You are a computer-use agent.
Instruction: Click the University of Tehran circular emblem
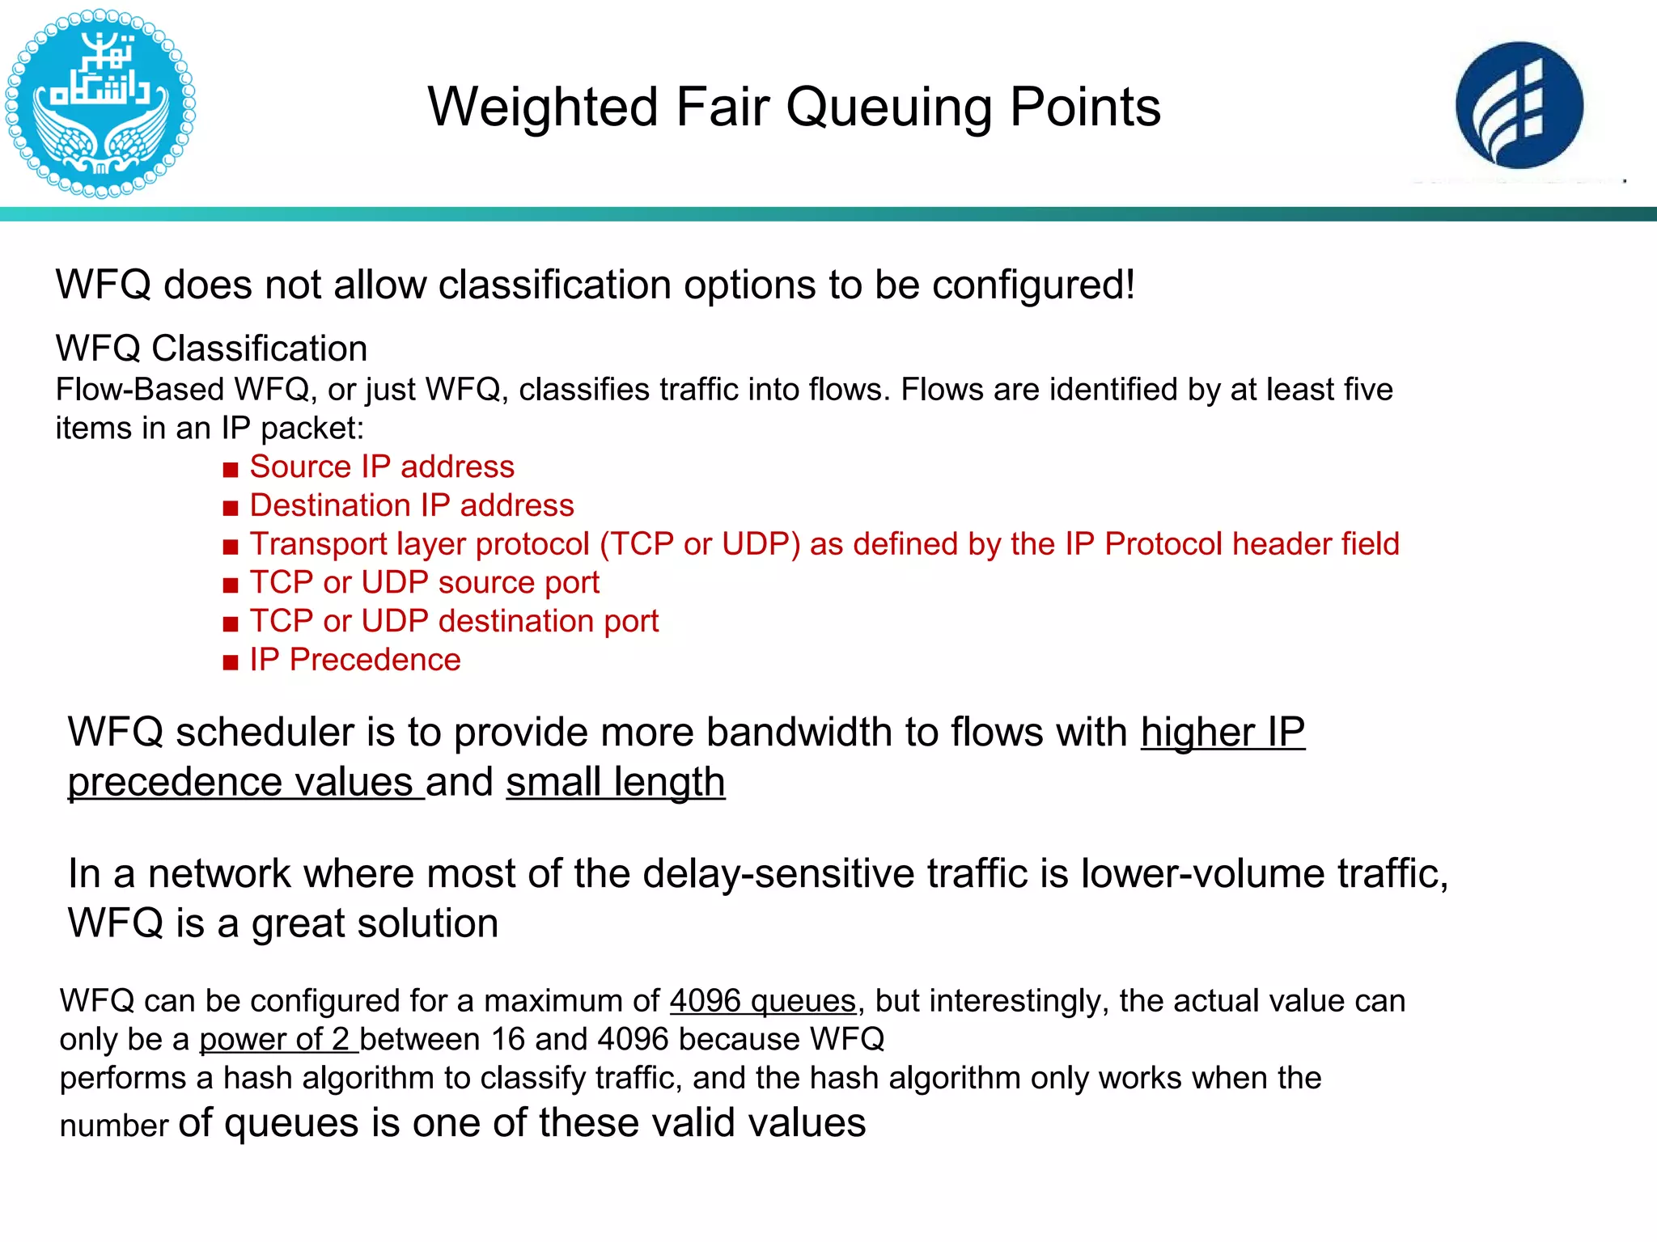[x=100, y=103]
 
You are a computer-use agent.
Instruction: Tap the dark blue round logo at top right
[x=1519, y=105]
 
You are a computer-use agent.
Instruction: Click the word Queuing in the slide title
[x=889, y=108]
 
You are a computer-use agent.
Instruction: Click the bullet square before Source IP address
[x=231, y=469]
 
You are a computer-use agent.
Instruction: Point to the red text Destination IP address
[x=412, y=505]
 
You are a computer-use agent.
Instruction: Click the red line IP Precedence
[x=354, y=660]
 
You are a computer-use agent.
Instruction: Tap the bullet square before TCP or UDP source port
[x=231, y=585]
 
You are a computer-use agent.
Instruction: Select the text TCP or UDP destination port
[x=454, y=621]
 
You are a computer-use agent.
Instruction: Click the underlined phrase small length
[x=616, y=782]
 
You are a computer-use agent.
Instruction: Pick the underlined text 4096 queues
[x=762, y=1001]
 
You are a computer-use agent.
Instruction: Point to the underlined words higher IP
[x=1223, y=733]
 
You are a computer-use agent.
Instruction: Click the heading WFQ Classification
[x=211, y=349]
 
